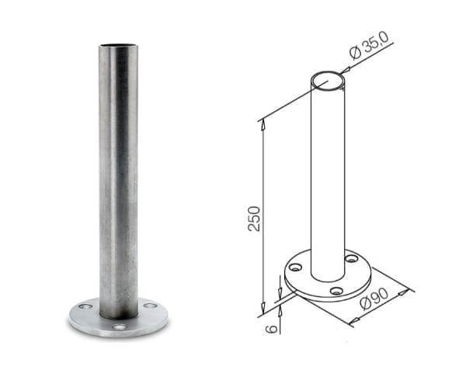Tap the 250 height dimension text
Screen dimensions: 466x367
click(x=254, y=218)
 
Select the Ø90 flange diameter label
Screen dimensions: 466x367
click(x=374, y=299)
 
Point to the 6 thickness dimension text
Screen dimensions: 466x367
click(x=271, y=328)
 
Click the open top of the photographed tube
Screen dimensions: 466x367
click(x=119, y=45)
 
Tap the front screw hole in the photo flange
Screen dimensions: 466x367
click(x=119, y=327)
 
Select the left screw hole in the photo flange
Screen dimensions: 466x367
click(x=85, y=306)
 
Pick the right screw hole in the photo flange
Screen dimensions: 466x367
click(x=150, y=306)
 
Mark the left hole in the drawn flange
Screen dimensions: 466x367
click(x=295, y=267)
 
